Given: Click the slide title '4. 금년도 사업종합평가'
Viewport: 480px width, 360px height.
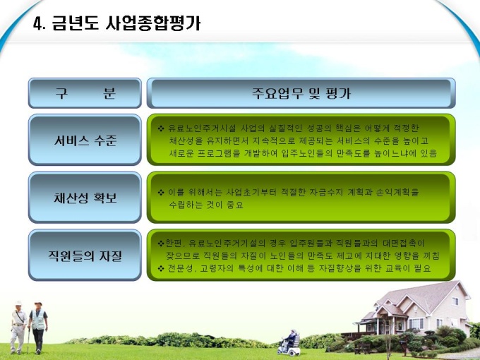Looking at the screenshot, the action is tap(116, 23).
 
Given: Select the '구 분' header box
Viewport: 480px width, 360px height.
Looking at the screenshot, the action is tap(85, 93).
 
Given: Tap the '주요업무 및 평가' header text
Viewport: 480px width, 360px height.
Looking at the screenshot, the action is tap(301, 93).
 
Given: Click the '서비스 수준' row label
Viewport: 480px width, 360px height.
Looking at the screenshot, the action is tap(85, 140).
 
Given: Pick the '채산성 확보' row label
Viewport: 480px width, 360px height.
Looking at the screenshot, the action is tap(85, 198).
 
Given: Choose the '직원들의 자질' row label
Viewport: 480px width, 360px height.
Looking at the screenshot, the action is tap(85, 256).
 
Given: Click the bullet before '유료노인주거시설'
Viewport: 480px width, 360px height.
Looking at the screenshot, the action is tap(161, 128).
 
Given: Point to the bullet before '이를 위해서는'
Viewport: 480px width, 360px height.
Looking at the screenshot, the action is tap(161, 193).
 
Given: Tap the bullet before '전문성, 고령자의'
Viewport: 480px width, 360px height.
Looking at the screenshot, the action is tap(161, 269).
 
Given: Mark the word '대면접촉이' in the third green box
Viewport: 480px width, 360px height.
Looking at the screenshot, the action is tap(404, 244).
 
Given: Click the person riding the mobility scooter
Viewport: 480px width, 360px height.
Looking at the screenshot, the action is tap(291, 339).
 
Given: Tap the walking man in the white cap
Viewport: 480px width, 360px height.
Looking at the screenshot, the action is tap(18, 327).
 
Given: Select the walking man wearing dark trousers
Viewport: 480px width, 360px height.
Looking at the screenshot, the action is tap(38, 328).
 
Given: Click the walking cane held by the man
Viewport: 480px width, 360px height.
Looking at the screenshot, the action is tap(28, 340).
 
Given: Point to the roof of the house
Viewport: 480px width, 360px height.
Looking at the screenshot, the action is tap(422, 294).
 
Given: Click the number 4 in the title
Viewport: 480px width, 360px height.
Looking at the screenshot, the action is tap(37, 24).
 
